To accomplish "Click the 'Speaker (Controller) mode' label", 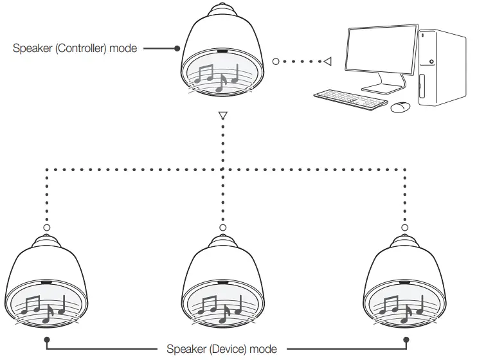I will tap(75, 48).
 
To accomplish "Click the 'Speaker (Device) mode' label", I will tap(222, 349).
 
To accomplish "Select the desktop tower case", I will tap(442, 67).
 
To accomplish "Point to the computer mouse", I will tap(401, 107).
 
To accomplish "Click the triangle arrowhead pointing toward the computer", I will tap(327, 62).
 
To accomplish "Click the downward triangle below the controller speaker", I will tap(222, 117).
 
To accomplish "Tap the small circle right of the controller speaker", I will tap(276, 62).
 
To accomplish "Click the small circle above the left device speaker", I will tap(46, 227).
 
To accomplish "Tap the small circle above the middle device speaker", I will tap(222, 227).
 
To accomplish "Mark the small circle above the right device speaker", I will tap(404, 227).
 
